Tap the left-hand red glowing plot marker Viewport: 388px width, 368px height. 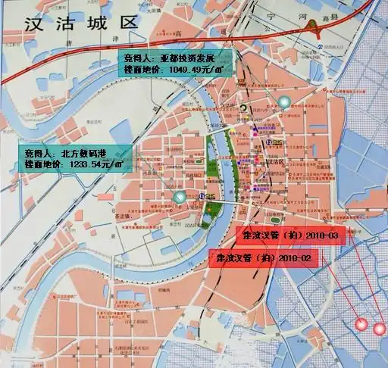coord(361,326)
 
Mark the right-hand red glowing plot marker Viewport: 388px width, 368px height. coord(378,329)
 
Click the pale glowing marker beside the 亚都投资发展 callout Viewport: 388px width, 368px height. coord(283,101)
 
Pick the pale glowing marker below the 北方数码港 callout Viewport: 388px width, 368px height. coord(180,198)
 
